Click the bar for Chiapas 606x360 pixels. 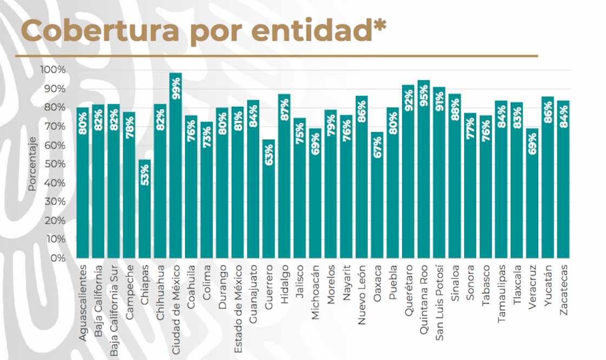(x=144, y=209)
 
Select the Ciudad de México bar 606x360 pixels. (x=175, y=166)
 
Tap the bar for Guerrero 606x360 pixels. (x=268, y=199)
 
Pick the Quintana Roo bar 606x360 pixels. (x=424, y=169)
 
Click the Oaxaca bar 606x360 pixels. (x=377, y=195)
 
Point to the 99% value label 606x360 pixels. (x=176, y=89)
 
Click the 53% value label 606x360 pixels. (x=145, y=175)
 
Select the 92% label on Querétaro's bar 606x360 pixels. (x=409, y=101)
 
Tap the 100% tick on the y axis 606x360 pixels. (x=53, y=70)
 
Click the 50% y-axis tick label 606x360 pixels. (x=55, y=164)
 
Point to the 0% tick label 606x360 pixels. (x=58, y=258)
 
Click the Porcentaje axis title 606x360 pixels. (x=32, y=164)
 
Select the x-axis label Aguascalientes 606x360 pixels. (x=83, y=303)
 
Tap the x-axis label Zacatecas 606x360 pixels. (x=564, y=290)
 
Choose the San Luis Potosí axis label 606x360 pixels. (x=439, y=303)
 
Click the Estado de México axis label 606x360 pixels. (x=238, y=309)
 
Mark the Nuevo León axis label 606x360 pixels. (x=361, y=294)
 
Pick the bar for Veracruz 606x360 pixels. (x=532, y=193)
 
